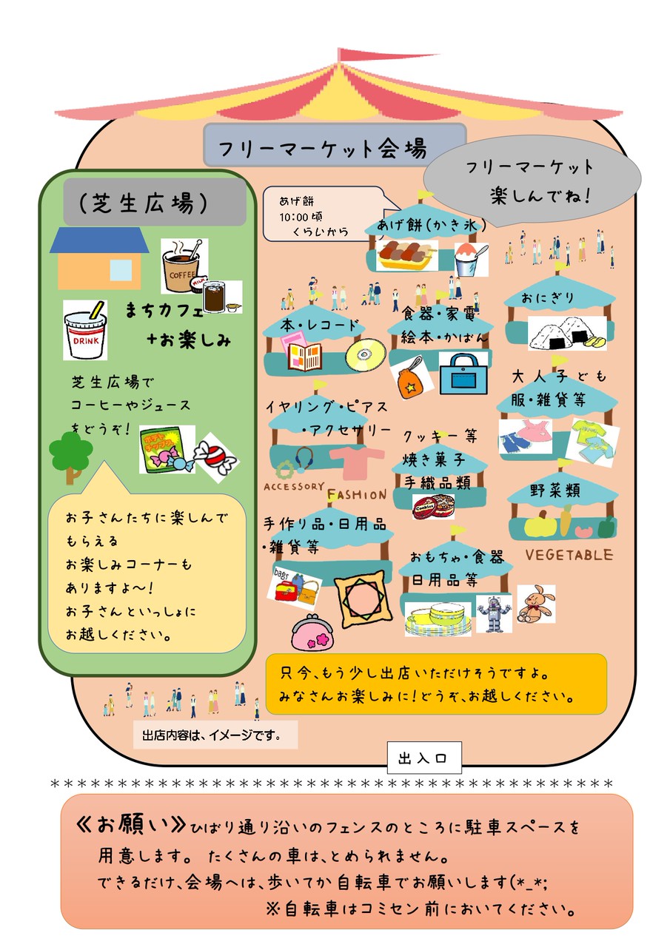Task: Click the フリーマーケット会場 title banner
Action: point(335,146)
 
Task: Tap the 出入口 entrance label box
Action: point(423,758)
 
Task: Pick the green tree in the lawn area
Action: point(70,453)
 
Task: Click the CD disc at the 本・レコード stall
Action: point(365,354)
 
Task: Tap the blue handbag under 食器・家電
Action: point(464,373)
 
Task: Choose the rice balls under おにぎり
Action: point(566,333)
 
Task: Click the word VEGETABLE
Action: point(569,555)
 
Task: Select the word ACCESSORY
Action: point(294,487)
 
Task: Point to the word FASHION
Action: point(357,494)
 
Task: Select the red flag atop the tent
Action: point(385,56)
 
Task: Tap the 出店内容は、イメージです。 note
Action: point(215,735)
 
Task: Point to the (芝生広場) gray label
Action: point(154,202)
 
